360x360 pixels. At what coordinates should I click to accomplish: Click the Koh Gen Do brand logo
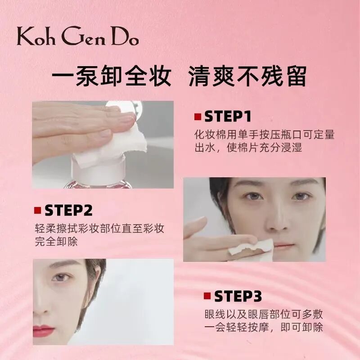click(77, 36)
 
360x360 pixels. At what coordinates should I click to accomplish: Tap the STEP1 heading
click(228, 117)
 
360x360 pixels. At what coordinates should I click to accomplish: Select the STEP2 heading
click(68, 210)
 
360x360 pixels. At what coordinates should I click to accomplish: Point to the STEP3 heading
click(238, 296)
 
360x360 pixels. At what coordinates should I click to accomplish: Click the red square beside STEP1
click(198, 117)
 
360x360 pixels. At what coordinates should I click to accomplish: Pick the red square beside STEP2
click(37, 210)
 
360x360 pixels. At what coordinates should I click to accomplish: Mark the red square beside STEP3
click(207, 296)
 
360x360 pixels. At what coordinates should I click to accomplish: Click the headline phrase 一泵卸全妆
click(112, 76)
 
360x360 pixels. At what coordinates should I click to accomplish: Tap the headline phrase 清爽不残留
click(247, 76)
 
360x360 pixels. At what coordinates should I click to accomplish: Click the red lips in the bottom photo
click(44, 331)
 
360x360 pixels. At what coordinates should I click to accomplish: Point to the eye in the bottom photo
click(61, 277)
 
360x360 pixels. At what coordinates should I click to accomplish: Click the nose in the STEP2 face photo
click(277, 220)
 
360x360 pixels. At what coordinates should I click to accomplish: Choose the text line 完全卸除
click(56, 242)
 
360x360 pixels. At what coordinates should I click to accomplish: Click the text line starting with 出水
click(248, 148)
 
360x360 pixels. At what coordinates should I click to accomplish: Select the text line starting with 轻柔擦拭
click(99, 229)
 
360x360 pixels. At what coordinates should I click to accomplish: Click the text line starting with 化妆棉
click(264, 135)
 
